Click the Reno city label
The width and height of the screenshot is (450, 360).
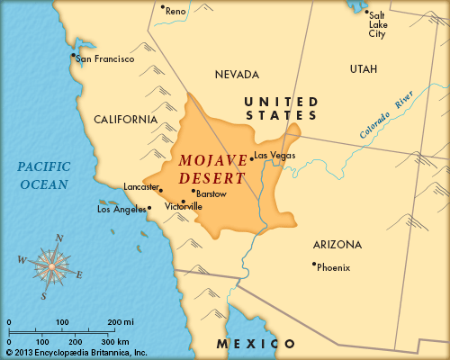(x=175, y=11)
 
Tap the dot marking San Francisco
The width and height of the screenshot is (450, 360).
(x=73, y=55)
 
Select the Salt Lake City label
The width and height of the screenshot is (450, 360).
(x=378, y=26)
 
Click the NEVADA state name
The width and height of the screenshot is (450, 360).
(x=238, y=74)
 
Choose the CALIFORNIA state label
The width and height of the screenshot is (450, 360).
(x=126, y=119)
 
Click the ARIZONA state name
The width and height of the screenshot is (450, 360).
(x=337, y=244)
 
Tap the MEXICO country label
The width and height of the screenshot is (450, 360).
(x=256, y=344)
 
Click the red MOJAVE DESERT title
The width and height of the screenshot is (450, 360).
(x=212, y=169)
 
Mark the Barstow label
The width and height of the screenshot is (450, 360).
(x=211, y=193)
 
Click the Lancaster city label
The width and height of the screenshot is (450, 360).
(x=140, y=186)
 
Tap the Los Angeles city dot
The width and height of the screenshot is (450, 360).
(x=149, y=207)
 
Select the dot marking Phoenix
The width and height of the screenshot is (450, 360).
(x=313, y=264)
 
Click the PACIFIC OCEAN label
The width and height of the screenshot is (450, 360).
(x=43, y=175)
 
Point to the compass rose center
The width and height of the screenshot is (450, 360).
(x=52, y=265)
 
